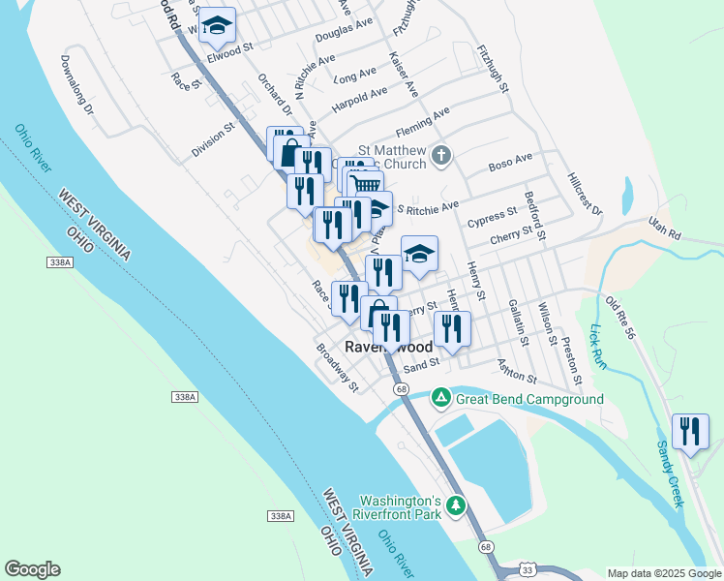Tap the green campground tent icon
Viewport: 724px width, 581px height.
[x=440, y=396]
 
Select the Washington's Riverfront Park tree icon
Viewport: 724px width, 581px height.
[x=455, y=505]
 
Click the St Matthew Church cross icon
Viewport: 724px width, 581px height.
[x=441, y=155]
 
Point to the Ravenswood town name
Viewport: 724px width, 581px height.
[x=389, y=347]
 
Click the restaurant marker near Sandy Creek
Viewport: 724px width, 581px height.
[x=690, y=431]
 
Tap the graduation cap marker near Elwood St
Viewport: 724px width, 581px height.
[x=218, y=24]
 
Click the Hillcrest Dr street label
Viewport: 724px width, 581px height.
[x=585, y=196]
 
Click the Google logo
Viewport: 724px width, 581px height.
[x=32, y=569]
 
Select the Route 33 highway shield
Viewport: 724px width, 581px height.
[x=526, y=569]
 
